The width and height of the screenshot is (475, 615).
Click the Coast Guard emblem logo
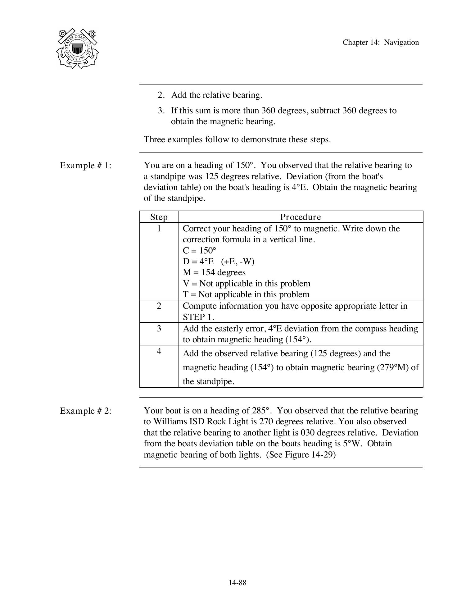[77, 48]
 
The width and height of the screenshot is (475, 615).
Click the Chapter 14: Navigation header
[381, 43]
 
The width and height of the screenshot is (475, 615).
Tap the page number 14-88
[237, 583]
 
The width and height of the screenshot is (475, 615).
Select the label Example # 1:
[86, 166]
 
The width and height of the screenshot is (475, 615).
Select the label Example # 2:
[86, 411]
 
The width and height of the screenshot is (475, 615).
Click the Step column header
[159, 217]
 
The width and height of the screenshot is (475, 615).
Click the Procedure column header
[301, 217]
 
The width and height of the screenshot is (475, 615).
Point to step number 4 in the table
[159, 351]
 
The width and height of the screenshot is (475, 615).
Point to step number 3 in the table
[159, 328]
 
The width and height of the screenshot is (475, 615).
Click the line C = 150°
[199, 250]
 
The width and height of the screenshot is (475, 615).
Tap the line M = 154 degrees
[214, 272]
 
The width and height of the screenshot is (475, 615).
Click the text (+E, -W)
[237, 262]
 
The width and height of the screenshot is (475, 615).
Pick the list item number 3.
[161, 111]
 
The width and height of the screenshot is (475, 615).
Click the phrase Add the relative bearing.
[217, 95]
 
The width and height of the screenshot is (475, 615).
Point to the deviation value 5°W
[352, 444]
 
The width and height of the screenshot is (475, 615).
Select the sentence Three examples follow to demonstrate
[237, 139]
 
